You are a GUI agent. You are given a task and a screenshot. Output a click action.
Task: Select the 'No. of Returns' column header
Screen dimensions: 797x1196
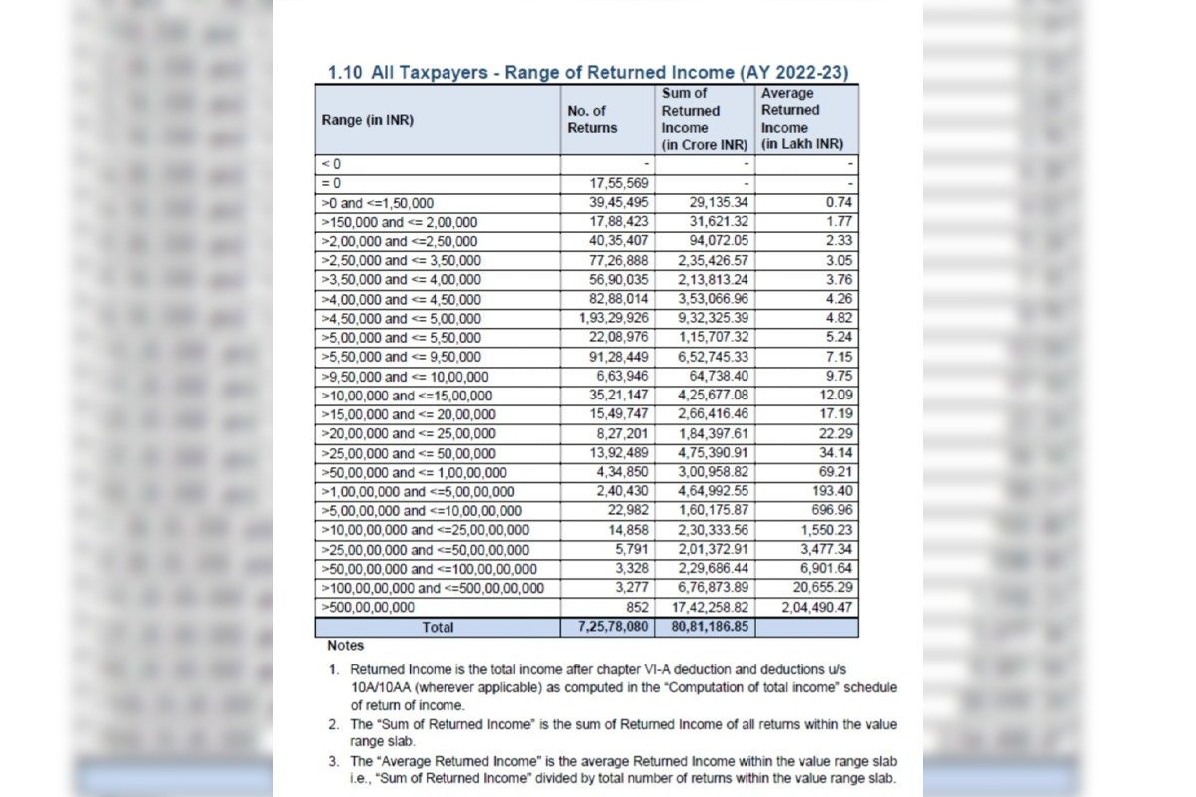[x=592, y=119]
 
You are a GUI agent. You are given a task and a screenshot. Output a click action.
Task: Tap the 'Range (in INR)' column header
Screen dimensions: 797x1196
[x=367, y=120]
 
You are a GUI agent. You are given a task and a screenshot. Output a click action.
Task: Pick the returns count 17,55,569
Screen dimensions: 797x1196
[x=621, y=184]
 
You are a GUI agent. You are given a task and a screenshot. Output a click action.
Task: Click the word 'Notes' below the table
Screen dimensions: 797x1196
[x=346, y=646]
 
